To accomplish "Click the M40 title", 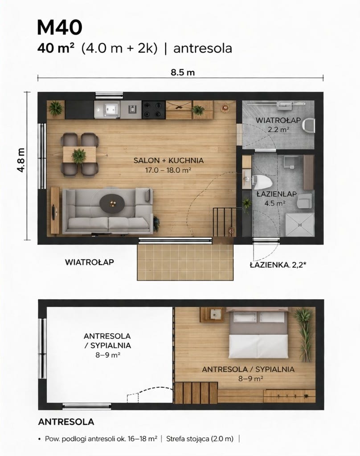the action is (60, 28).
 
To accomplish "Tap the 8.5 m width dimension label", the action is (183, 73).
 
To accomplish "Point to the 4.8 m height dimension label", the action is (21, 160).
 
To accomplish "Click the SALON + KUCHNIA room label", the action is (168, 160).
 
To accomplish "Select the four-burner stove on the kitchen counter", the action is (154, 110).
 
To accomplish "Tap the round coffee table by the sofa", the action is (112, 203).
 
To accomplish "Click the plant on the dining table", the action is (78, 155).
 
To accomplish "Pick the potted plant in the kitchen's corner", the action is (56, 108).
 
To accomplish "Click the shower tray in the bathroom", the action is (300, 224).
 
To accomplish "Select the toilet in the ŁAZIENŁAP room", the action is (262, 182).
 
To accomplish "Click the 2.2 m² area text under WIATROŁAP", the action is (278, 130).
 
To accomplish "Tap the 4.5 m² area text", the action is (275, 203).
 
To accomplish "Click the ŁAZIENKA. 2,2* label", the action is (278, 265).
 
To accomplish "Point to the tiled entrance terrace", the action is (185, 262).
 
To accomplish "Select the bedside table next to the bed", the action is (212, 315).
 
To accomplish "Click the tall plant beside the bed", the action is (304, 334).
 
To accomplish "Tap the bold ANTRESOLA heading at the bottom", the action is (66, 422).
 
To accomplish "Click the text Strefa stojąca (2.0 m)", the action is (200, 439).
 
